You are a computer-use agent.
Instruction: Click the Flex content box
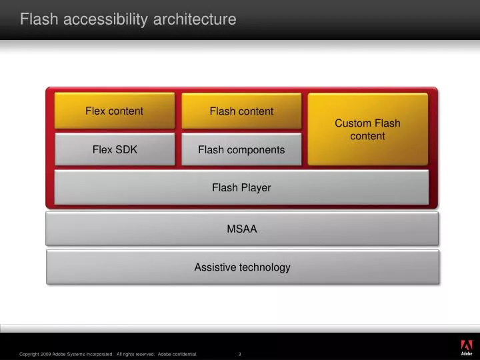click(114, 111)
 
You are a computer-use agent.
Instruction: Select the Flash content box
click(241, 111)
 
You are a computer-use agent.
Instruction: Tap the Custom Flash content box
click(367, 129)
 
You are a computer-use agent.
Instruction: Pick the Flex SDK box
click(114, 149)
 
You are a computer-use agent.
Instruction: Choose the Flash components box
click(241, 149)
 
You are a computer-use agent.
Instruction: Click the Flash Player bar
click(241, 187)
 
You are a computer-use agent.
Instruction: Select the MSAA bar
click(241, 229)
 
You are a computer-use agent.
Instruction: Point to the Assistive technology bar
click(242, 267)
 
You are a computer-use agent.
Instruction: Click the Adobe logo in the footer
click(466, 347)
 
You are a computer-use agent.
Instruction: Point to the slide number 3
click(239, 354)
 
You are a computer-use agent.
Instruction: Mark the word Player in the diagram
click(256, 187)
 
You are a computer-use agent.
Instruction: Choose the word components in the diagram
click(256, 150)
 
